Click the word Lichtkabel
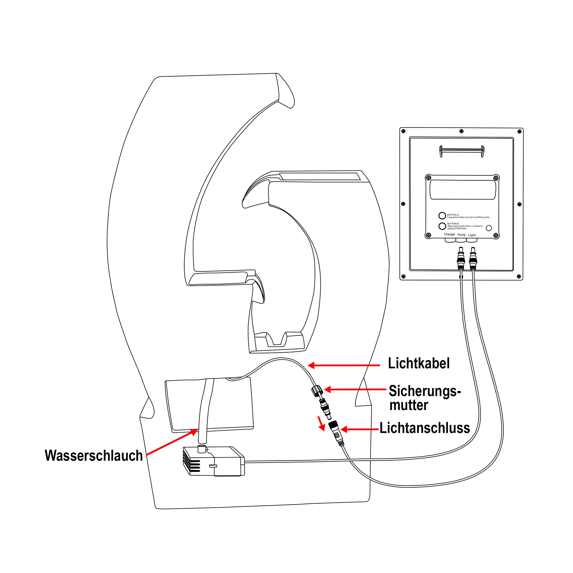coord(419,363)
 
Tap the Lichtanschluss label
coord(425,428)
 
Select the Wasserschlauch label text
coord(94,456)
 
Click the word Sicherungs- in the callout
coord(424,391)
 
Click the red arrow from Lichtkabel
coord(344,365)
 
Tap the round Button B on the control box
coord(442,226)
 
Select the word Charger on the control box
coord(449,234)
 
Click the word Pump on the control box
coord(461,235)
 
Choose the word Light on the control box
coord(472,235)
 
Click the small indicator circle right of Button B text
coord(489,228)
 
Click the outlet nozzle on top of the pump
coord(202,449)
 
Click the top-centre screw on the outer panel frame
coord(461,131)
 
